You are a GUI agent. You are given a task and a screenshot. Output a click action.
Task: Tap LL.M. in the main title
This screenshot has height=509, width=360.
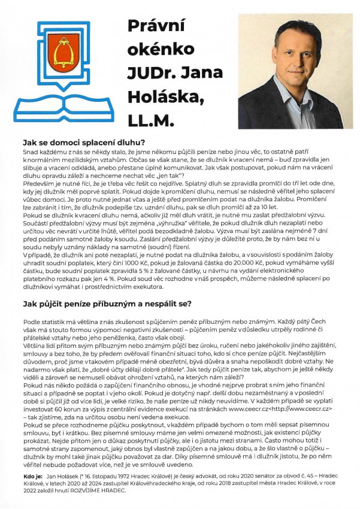click(x=149, y=121)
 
